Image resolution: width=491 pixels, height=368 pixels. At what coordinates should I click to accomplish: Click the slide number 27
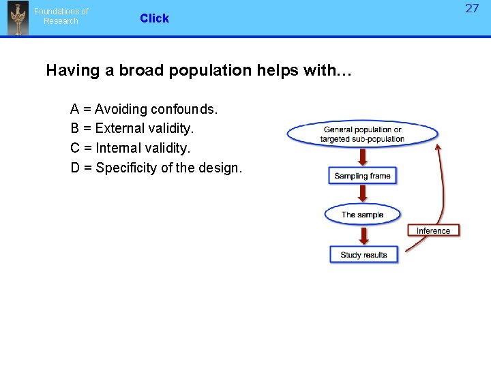coord(472,9)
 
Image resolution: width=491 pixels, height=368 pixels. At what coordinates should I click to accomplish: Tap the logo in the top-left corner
coord(18,18)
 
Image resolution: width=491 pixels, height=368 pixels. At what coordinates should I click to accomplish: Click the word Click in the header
coord(154,18)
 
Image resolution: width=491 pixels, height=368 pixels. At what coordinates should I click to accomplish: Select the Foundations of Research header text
coord(61,16)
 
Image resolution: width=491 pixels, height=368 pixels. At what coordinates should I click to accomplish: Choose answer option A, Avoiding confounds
coord(144,109)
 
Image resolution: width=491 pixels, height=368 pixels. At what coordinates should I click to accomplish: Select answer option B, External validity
coord(132,128)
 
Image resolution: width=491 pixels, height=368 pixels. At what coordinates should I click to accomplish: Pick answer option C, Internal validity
coord(131,148)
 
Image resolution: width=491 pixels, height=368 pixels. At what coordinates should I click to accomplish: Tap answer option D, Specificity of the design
coord(156,168)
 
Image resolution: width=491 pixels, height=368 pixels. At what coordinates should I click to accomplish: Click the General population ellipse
coord(362,134)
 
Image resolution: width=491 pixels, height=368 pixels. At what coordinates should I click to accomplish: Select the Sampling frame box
coord(362,176)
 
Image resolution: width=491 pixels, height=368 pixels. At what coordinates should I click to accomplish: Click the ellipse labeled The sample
coord(362,215)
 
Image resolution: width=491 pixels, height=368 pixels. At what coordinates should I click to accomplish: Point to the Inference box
coord(434,230)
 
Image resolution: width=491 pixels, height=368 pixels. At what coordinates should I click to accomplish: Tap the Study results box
coord(363,255)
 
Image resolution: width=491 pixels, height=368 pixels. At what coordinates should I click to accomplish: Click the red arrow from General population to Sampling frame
coord(363,157)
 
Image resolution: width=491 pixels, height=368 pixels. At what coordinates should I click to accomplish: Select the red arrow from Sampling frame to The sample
coord(363,194)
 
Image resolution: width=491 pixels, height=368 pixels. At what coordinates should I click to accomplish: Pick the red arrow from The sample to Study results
coord(363,235)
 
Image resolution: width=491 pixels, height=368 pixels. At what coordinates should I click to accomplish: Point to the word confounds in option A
coord(184,109)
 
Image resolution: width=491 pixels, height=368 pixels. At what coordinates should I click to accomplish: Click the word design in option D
coord(220,168)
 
